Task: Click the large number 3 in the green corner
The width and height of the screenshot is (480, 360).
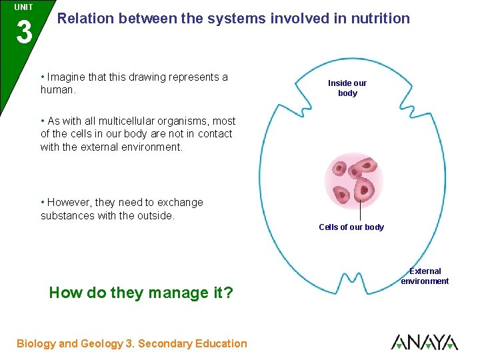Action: pos(23,32)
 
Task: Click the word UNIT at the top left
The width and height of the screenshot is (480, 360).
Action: pos(23,7)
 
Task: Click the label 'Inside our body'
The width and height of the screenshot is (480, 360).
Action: pos(347,88)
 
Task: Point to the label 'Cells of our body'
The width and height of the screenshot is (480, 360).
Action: pos(351,227)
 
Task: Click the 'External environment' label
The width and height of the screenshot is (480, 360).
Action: pos(425,276)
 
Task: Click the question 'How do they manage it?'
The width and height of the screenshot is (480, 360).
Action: pos(141,293)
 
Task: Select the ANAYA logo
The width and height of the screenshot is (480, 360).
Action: pos(424,342)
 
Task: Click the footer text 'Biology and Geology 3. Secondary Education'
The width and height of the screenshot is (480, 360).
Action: pos(132,343)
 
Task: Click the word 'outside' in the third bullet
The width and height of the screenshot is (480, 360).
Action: pos(153,215)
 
